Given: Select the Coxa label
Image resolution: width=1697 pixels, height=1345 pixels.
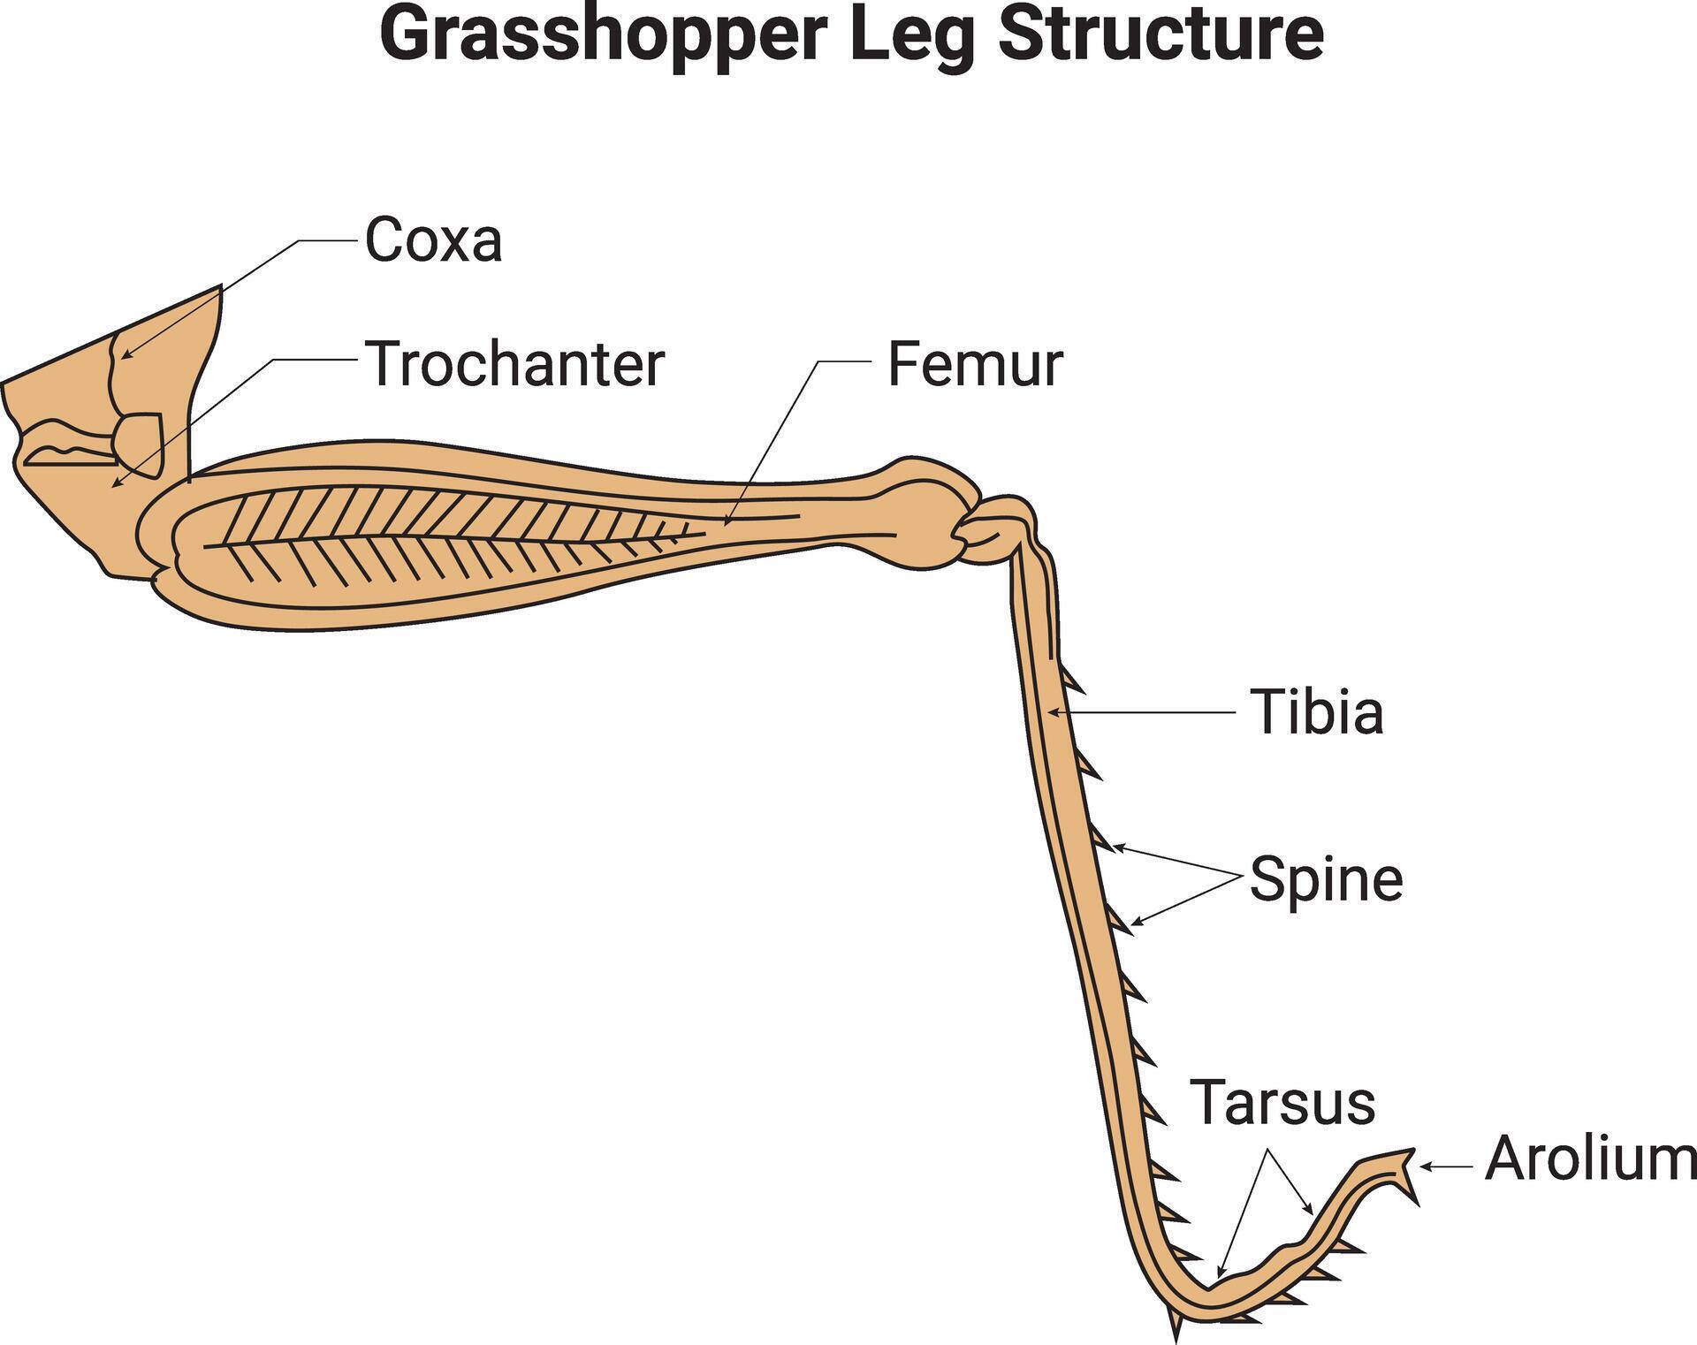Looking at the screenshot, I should point(433,239).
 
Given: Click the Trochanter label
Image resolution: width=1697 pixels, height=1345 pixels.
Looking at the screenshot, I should point(514,363).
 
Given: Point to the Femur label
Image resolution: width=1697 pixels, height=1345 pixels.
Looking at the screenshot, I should point(974,364).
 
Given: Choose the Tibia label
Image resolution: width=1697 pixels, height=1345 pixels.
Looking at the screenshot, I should point(1316,712).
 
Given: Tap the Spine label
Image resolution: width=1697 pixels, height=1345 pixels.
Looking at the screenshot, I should point(1326,879).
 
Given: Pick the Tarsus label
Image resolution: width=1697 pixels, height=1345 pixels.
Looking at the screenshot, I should point(1282,1102).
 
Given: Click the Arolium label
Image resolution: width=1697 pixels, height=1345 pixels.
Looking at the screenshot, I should point(1590,1159).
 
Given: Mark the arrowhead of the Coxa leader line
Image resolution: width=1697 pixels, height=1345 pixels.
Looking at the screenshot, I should point(124,356).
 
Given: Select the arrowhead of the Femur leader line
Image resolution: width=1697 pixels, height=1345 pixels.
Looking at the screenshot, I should point(727,522).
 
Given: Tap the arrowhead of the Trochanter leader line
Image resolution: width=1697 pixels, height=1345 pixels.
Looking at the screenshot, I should point(113,484).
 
